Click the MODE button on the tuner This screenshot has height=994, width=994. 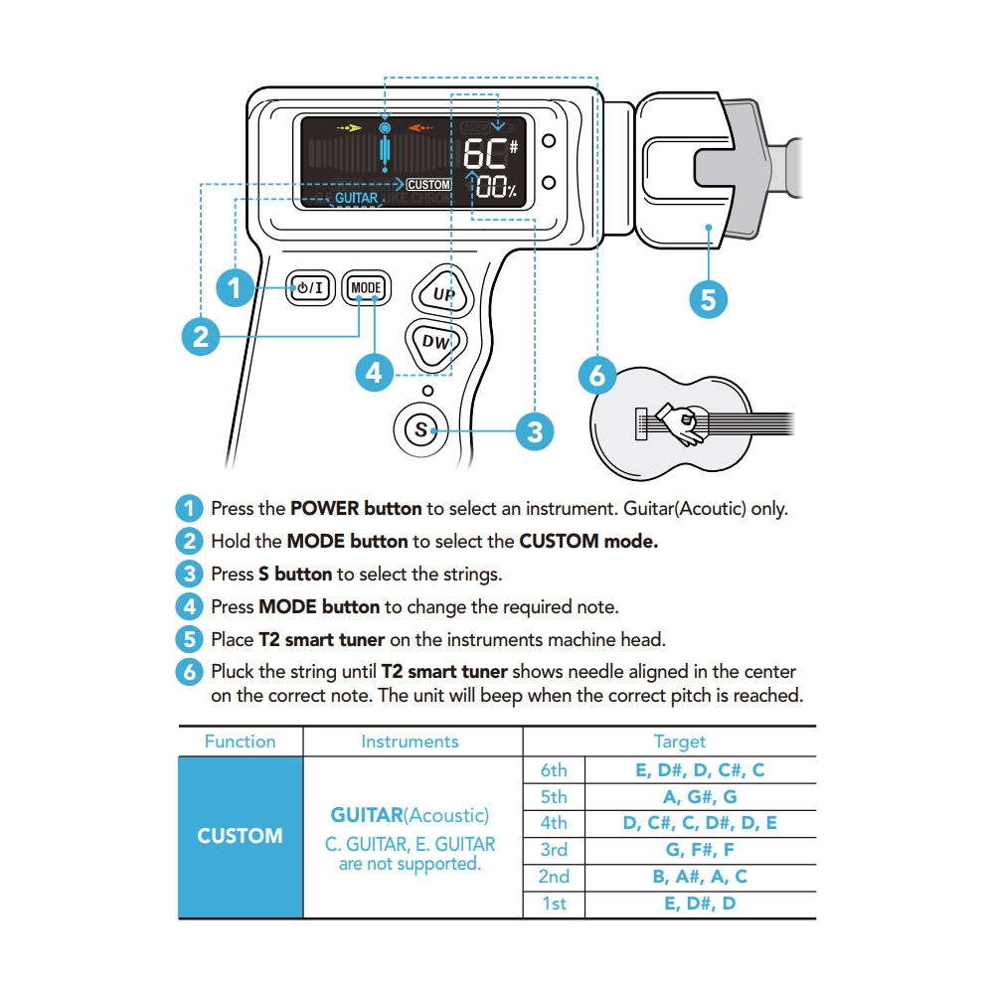(x=366, y=288)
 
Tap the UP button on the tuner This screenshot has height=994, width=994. (x=443, y=294)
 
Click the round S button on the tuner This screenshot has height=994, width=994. (x=420, y=429)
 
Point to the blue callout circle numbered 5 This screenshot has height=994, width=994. (x=708, y=298)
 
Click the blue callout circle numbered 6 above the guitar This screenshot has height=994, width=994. (x=596, y=376)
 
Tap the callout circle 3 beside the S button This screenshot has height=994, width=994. (x=535, y=430)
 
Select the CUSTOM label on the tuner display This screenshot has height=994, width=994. (x=429, y=185)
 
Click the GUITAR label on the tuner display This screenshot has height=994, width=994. (x=356, y=198)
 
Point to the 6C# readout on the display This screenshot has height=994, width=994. (x=490, y=154)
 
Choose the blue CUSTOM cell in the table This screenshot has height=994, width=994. (x=240, y=836)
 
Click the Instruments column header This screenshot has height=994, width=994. (x=410, y=742)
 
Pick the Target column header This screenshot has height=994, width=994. (x=680, y=742)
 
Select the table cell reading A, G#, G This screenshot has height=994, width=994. (x=700, y=796)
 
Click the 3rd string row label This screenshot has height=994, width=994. (x=554, y=850)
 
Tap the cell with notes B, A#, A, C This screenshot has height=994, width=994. (x=700, y=877)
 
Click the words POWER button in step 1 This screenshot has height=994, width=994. (x=356, y=508)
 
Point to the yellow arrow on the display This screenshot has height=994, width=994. (x=347, y=128)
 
